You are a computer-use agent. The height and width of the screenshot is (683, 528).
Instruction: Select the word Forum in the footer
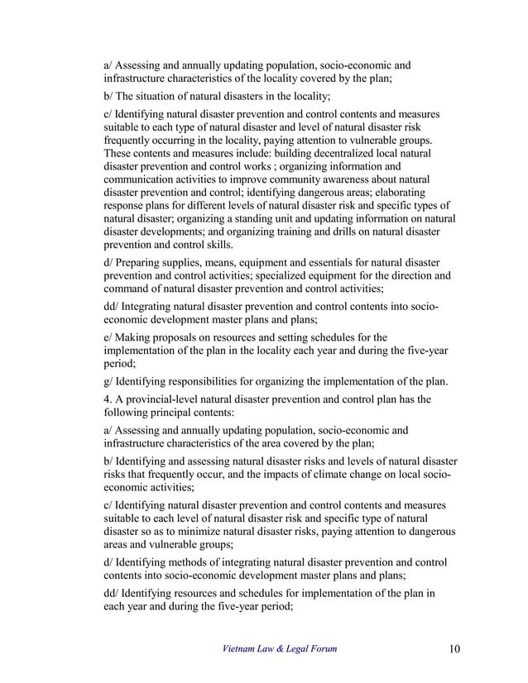(x=321, y=648)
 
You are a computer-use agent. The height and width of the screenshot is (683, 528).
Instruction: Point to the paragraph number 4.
(x=107, y=399)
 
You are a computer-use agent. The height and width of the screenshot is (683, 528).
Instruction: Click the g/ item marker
(x=108, y=380)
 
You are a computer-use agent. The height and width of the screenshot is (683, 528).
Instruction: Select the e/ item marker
(x=108, y=337)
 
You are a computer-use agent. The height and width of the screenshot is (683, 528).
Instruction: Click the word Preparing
(x=145, y=260)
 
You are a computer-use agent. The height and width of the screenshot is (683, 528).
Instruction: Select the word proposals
(x=182, y=337)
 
